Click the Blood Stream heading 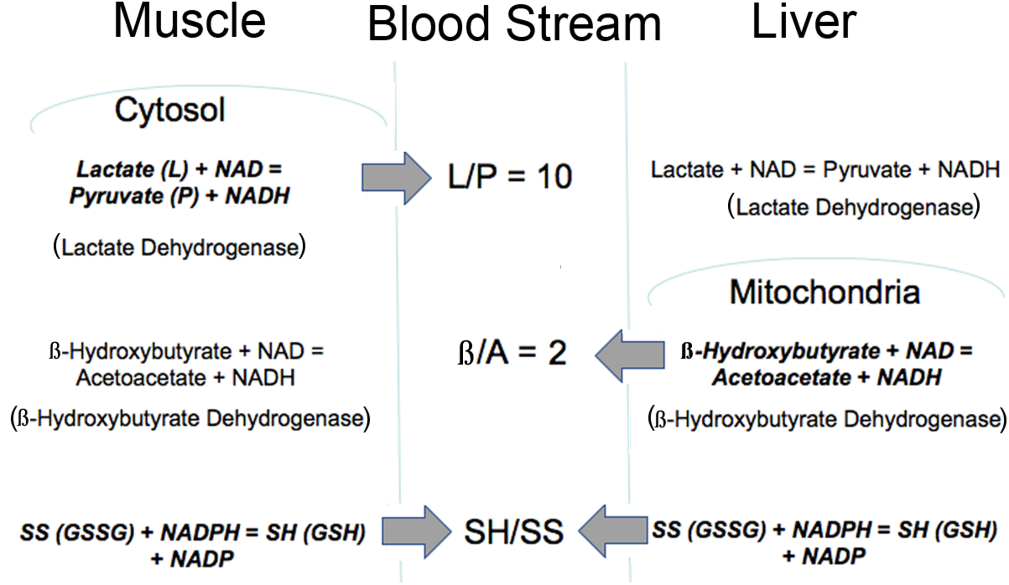click(x=514, y=25)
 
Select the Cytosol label click(x=170, y=110)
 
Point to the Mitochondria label click(x=825, y=292)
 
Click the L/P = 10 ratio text click(x=510, y=177)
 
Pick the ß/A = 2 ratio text click(x=512, y=353)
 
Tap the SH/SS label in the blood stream click(x=514, y=531)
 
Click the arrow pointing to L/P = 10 click(x=395, y=178)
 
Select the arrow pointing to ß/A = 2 click(x=630, y=356)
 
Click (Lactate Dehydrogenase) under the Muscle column click(x=179, y=247)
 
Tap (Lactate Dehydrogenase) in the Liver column click(x=854, y=207)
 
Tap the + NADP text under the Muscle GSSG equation click(x=193, y=559)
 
